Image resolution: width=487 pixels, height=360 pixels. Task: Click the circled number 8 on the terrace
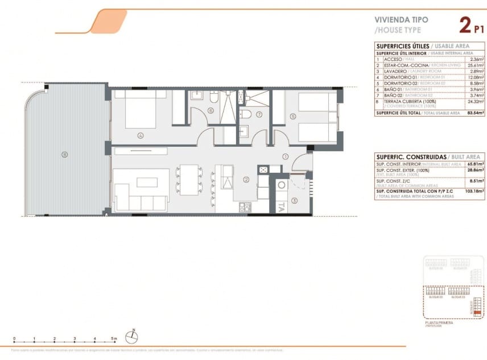pyautogui.click(x=65, y=154)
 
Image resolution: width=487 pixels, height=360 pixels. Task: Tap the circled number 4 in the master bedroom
pyautogui.click(x=140, y=135)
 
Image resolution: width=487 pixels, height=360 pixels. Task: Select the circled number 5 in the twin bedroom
pyautogui.click(x=292, y=117)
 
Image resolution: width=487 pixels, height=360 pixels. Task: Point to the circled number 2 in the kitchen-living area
pyautogui.click(x=246, y=180)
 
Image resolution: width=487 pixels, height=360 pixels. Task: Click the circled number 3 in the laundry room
pyautogui.click(x=294, y=200)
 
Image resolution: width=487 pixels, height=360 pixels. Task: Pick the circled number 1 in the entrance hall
pyautogui.click(x=286, y=156)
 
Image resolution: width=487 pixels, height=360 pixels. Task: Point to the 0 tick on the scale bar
pyautogui.click(x=14, y=340)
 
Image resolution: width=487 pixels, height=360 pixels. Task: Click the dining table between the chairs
pyautogui.click(x=188, y=179)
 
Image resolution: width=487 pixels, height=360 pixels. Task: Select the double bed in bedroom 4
pyautogui.click(x=141, y=110)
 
